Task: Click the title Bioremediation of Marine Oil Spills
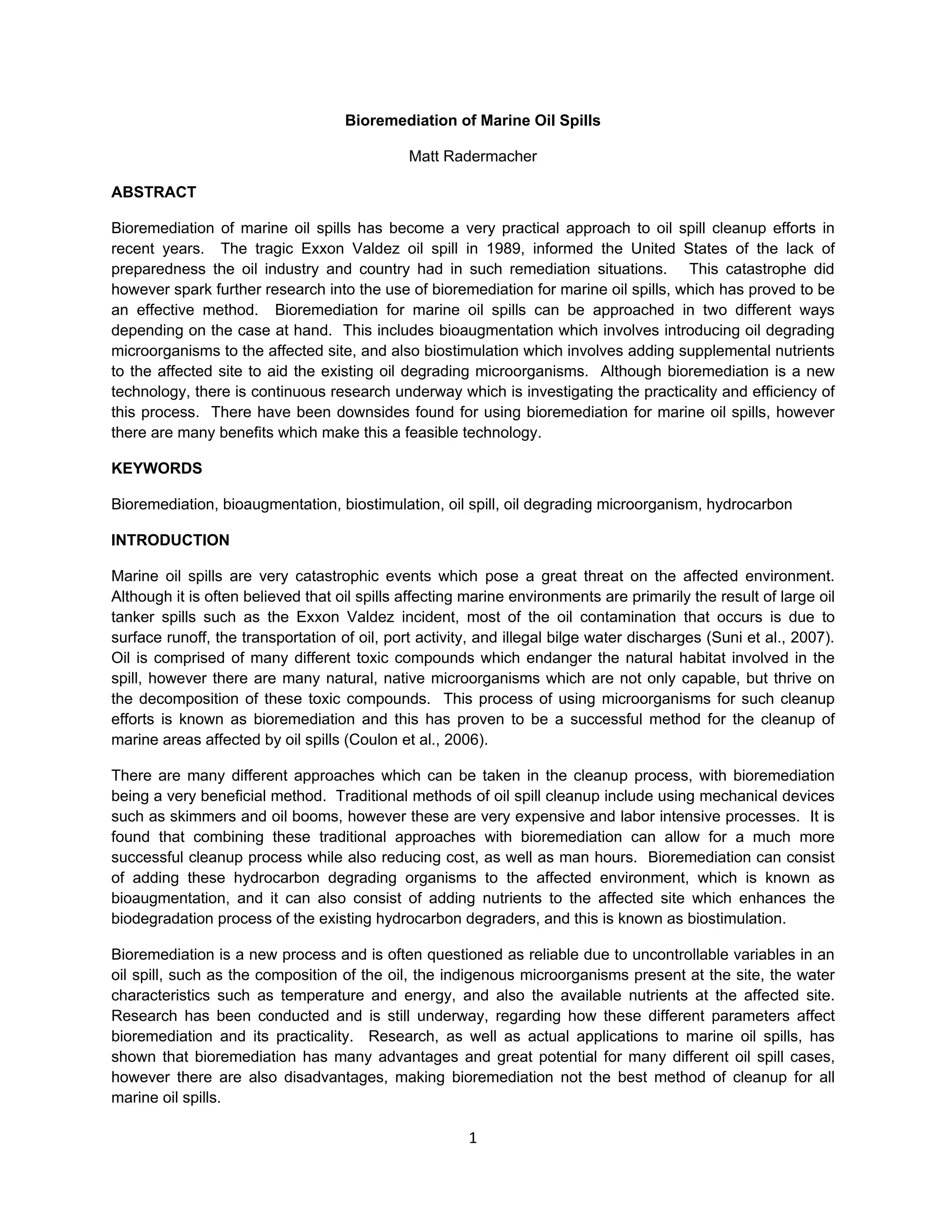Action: click(x=473, y=121)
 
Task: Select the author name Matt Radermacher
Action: click(x=473, y=157)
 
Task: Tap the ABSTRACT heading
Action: click(x=153, y=192)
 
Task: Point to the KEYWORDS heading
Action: click(x=157, y=468)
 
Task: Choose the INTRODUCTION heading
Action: click(x=170, y=540)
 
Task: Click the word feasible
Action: click(x=431, y=433)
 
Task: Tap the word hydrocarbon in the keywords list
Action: click(x=749, y=504)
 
